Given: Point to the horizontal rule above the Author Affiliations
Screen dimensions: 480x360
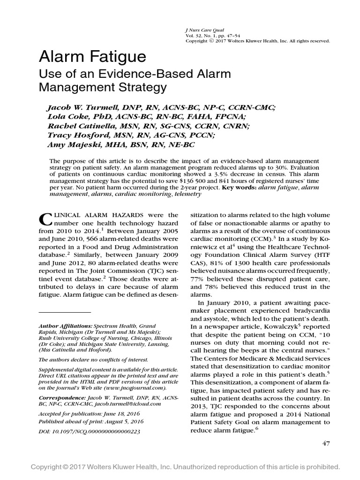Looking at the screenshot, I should (65, 312).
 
